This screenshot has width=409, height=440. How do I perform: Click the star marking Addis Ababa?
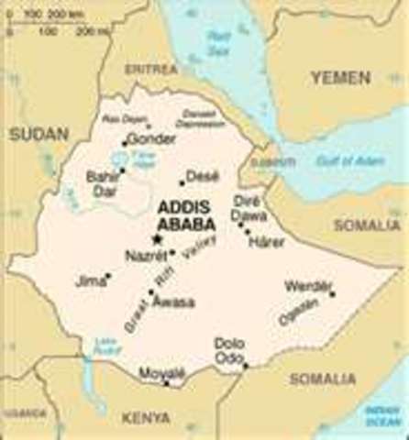click(x=157, y=239)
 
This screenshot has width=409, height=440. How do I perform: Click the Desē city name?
click(x=202, y=175)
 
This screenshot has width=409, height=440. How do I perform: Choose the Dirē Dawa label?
click(x=249, y=207)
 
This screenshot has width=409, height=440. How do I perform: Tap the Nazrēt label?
click(x=142, y=257)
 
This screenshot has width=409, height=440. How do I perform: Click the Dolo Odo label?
click(x=229, y=350)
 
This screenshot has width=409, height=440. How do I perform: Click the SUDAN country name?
click(x=33, y=134)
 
